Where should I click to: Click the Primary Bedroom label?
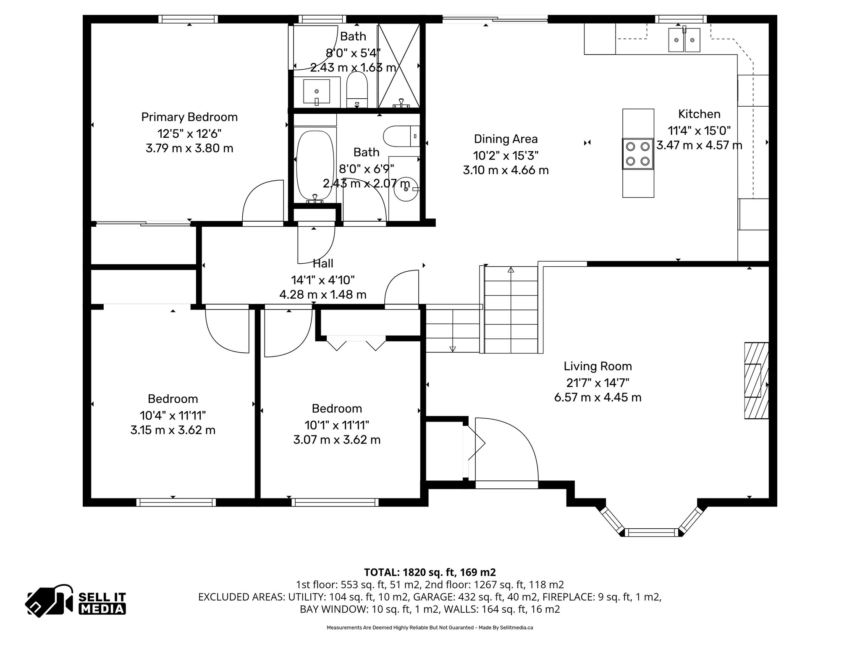[189, 117]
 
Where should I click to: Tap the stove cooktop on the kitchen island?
[638, 154]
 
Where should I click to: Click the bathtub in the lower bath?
[315, 165]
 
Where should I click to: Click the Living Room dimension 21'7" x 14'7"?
[598, 382]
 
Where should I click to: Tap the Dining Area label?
[506, 139]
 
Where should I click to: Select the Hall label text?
[323, 263]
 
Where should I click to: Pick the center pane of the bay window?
[652, 532]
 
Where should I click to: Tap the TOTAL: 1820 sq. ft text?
[430, 572]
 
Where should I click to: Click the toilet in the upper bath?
[357, 89]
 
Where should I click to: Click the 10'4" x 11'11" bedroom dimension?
[173, 415]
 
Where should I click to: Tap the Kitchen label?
[699, 114]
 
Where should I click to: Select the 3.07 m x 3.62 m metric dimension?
[337, 440]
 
